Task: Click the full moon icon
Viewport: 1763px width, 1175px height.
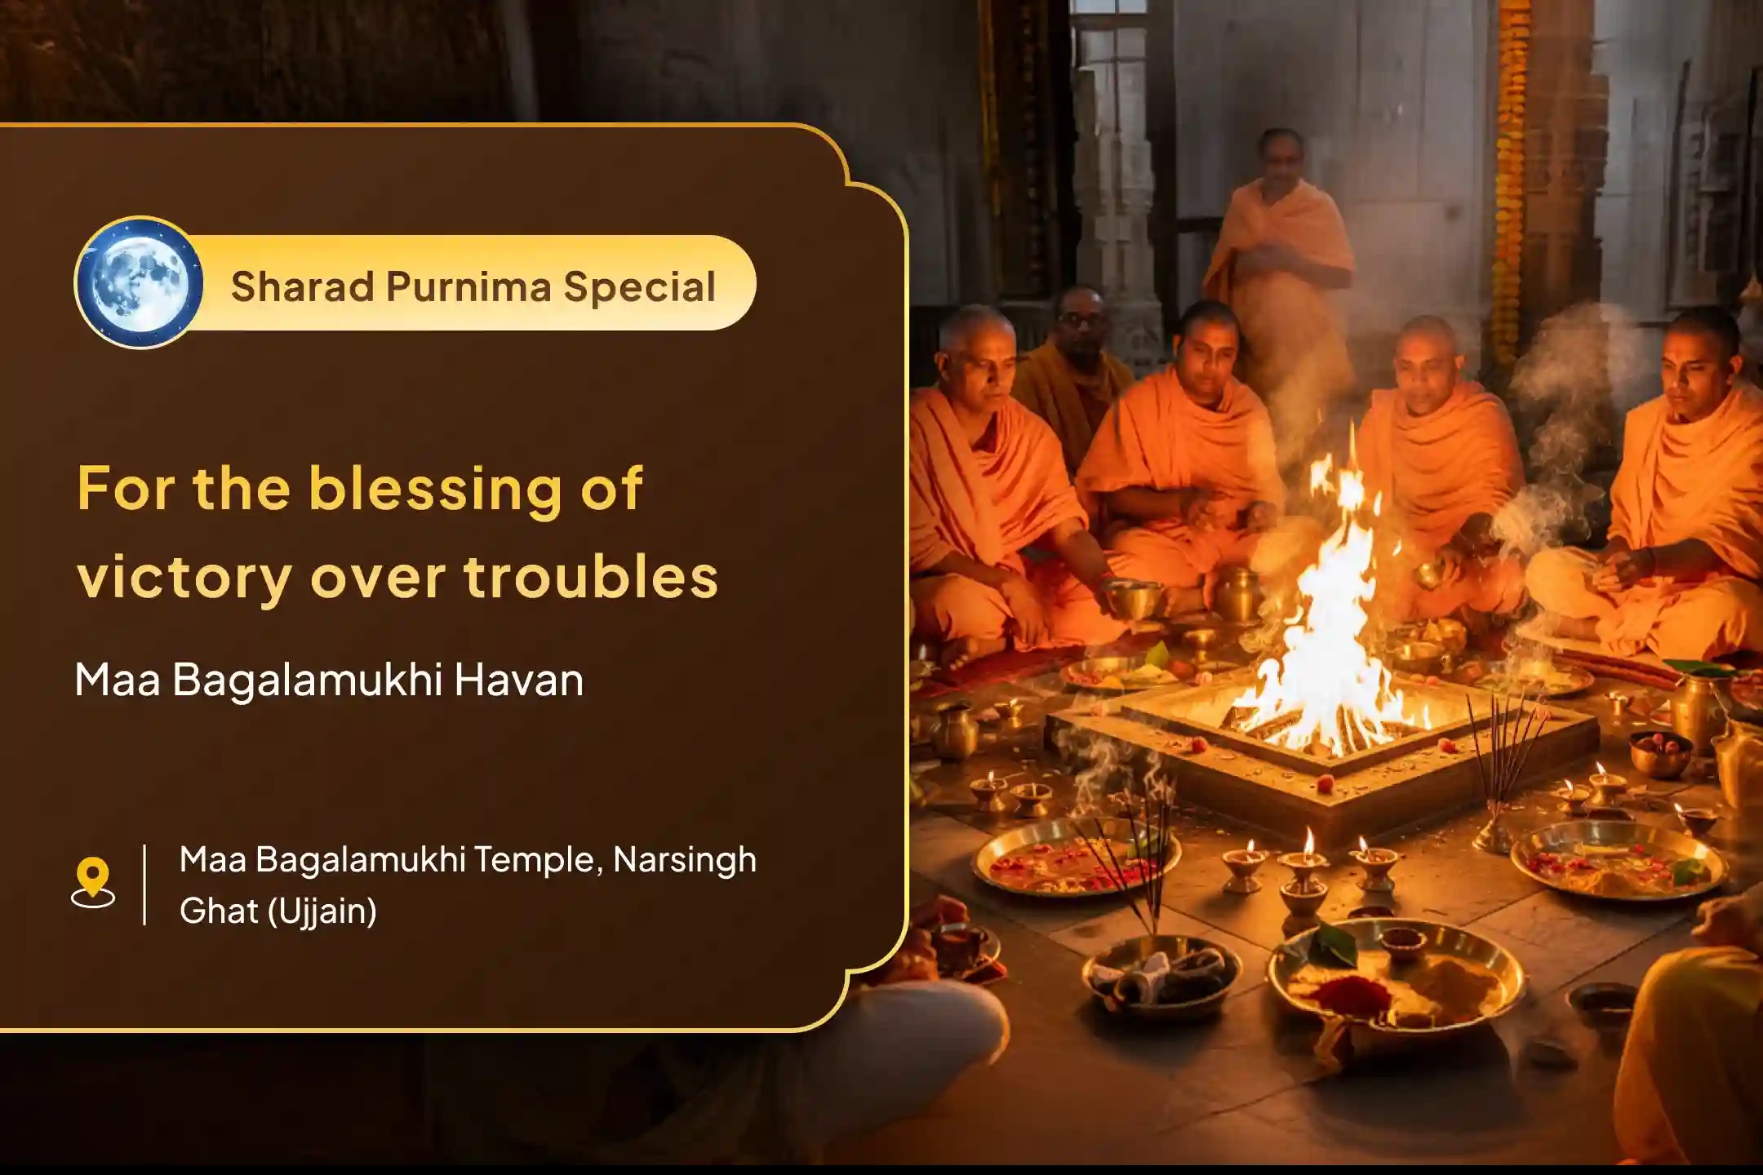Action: click(x=138, y=282)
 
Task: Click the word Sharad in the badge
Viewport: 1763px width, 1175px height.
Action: click(x=301, y=286)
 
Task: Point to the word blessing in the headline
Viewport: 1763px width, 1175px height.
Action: click(x=435, y=490)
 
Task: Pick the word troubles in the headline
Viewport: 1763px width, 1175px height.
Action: click(x=591, y=576)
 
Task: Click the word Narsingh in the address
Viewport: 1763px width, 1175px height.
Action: click(x=684, y=859)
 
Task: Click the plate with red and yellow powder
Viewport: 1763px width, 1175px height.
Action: click(x=1396, y=979)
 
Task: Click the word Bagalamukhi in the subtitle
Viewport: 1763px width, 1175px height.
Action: click(x=307, y=680)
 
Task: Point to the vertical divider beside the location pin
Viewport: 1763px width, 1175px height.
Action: click(x=145, y=885)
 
